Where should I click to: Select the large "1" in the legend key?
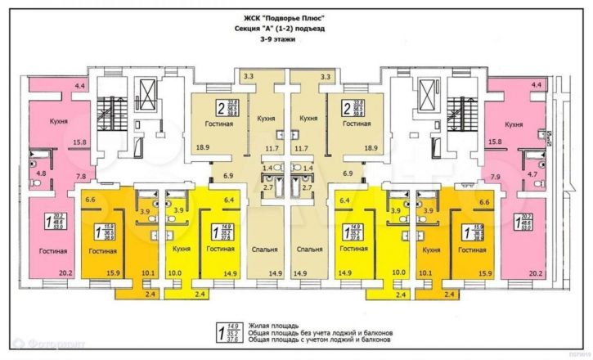219,333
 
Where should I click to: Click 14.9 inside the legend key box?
231,326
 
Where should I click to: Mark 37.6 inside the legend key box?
231,341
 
